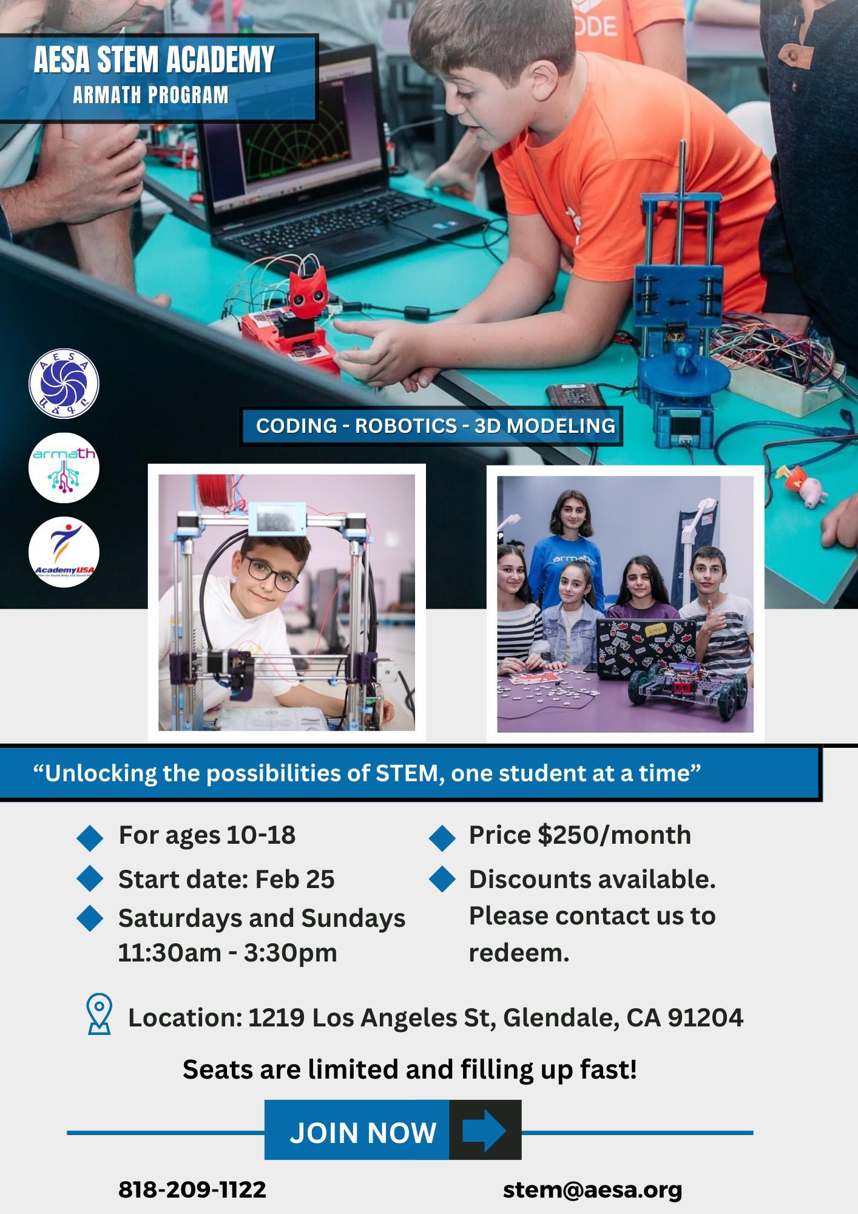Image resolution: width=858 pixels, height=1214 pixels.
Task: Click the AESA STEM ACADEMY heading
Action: (154, 60)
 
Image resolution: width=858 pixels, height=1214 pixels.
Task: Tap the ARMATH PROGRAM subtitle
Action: (150, 95)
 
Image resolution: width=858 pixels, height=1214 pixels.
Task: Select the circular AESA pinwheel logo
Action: (64, 384)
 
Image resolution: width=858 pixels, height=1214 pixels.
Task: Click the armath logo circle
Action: (64, 468)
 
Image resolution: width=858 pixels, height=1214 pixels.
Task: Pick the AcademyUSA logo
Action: (64, 552)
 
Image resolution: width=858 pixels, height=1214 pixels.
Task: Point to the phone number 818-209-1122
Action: (192, 1189)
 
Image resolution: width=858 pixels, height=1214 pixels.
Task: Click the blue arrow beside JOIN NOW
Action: (484, 1131)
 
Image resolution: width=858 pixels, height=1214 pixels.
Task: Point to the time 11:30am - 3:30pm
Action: (228, 952)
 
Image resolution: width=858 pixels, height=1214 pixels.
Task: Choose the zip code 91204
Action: (705, 1018)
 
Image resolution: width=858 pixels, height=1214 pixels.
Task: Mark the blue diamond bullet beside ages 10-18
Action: (90, 836)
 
